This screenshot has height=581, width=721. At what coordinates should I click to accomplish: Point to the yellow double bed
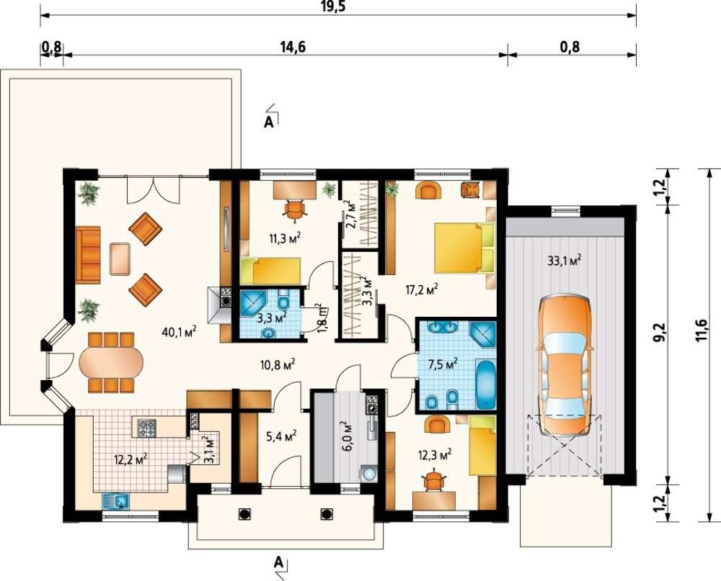pos(464,248)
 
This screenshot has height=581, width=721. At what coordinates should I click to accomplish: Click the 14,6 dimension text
pos(293,46)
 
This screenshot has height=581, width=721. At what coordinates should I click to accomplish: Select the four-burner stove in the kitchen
pos(146,427)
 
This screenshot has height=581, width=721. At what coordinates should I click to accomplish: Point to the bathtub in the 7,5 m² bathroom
pos(486,384)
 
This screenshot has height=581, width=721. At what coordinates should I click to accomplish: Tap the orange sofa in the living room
pos(88,254)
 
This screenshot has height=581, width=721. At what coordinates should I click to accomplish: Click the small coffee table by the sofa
pos(120,259)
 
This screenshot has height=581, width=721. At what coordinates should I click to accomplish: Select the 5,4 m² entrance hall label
pos(279,434)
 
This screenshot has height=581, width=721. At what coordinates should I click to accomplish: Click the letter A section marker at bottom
pos(278,562)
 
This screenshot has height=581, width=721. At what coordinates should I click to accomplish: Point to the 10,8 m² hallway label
pos(276,365)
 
